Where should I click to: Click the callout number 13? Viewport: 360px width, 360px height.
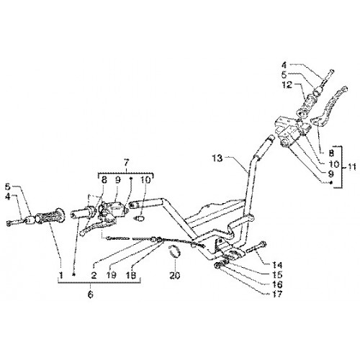coord(217,158)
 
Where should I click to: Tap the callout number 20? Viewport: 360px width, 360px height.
coord(175,276)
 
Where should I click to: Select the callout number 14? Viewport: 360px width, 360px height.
coord(277,265)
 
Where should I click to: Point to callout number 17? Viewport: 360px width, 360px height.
coord(277,294)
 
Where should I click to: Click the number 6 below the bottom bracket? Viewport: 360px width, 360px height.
coord(90,294)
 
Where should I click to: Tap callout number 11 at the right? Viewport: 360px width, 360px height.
coord(351,167)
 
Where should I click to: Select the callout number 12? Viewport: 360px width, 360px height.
coord(287,84)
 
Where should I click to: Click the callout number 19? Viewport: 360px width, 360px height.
coord(112,275)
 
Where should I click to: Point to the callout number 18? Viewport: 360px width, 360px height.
coord(131,275)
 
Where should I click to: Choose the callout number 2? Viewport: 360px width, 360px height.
coord(94,275)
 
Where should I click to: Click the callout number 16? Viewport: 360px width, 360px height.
coord(277,284)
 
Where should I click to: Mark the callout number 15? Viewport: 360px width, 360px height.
coord(277,275)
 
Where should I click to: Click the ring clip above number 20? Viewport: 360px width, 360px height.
coord(175,251)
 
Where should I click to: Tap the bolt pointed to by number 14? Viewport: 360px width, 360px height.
coord(256,248)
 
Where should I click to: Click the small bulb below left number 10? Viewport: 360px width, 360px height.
coord(140,218)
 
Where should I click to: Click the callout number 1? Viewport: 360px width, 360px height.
coord(61,275)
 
